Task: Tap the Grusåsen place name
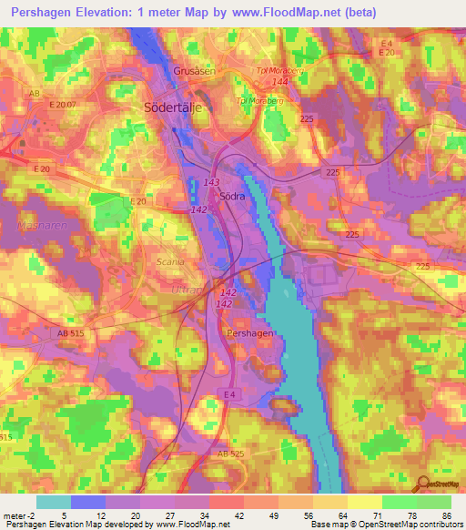[x=194, y=70]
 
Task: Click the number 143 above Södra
[x=212, y=182]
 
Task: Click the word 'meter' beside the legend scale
[x=14, y=516]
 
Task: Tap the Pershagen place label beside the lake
[x=245, y=334]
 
